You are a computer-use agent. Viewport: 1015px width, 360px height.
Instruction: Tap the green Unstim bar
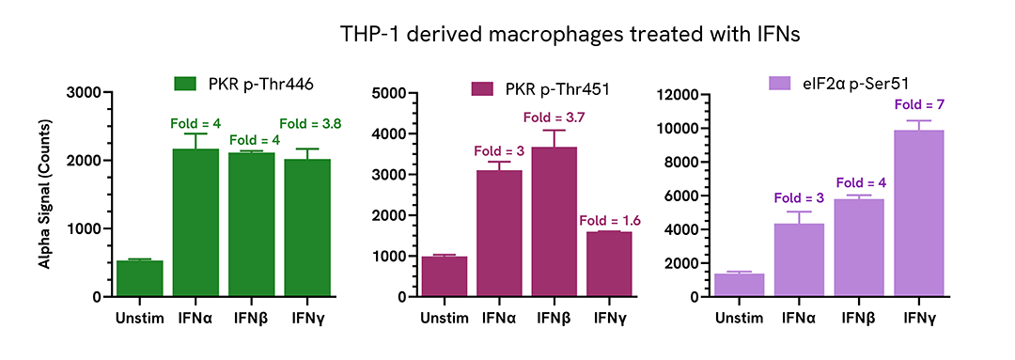(x=140, y=279)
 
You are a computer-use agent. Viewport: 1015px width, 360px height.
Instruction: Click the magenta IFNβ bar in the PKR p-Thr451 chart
(x=554, y=222)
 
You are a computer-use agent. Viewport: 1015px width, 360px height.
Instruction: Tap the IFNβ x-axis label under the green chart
(x=252, y=317)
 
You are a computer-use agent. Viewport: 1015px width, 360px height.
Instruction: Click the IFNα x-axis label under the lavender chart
(x=798, y=317)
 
